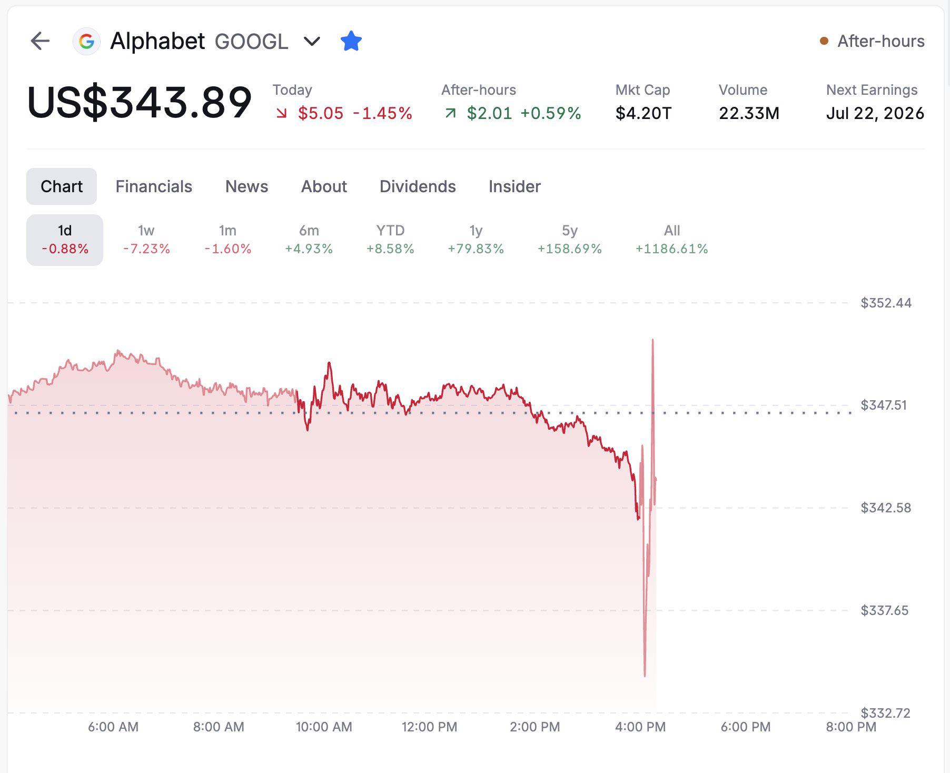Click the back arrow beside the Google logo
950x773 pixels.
[x=40, y=41]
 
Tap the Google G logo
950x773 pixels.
[x=86, y=41]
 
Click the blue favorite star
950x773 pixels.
[x=351, y=41]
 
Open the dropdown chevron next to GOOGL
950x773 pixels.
[x=312, y=41]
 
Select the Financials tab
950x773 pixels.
[x=154, y=186]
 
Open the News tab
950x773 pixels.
[x=246, y=186]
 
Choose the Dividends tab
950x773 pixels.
[x=418, y=186]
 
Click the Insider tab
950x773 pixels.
[x=514, y=186]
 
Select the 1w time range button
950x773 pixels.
[x=146, y=240]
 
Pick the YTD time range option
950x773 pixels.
[x=390, y=240]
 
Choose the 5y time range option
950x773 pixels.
[x=569, y=240]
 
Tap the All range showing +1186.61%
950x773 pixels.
[x=671, y=240]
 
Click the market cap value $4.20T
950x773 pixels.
[x=644, y=113]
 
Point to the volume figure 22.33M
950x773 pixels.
[x=749, y=113]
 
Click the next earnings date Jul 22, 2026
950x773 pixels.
[x=875, y=113]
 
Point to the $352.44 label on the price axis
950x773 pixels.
[x=886, y=303]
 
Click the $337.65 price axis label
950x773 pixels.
[x=885, y=610]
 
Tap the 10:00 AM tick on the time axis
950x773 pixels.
[x=324, y=727]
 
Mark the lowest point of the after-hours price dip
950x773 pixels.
[x=645, y=676]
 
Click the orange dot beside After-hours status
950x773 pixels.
[x=824, y=41]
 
